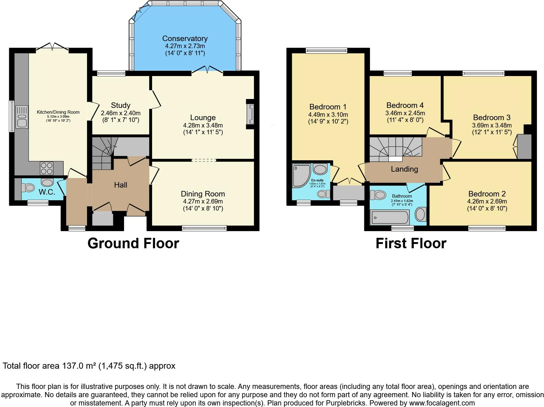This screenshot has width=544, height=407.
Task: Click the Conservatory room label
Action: pos(185,39)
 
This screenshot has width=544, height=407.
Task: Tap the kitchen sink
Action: pos(22,117)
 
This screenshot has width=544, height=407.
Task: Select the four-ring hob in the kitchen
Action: pos(47,168)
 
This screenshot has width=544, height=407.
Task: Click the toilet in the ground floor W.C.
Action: pos(28,187)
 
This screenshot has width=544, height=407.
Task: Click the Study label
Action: pos(121,105)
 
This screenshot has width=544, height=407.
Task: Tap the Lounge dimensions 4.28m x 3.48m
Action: pos(203,125)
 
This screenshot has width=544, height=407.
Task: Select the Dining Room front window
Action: pos(204,228)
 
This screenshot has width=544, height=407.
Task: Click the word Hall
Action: pos(121,185)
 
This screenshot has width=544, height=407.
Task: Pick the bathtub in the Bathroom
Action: pos(390,217)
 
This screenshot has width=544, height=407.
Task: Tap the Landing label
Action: pos(404,169)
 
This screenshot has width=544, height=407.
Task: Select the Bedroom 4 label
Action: pos(405,105)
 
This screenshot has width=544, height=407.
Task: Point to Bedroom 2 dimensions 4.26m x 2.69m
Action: pos(487,202)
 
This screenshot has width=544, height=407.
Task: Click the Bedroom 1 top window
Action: pos(326,51)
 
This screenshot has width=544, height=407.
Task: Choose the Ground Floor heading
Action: pos(133,243)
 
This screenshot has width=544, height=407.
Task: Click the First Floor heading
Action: pos(411,243)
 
